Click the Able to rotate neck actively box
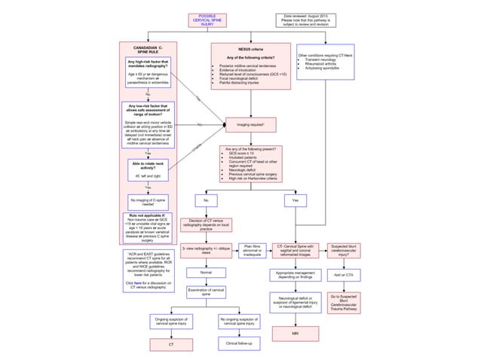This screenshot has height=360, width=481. point(149,170)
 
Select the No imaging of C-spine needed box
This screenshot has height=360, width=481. point(149,200)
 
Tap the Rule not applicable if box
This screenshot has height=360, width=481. point(149,227)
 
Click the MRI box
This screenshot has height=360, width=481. point(295,331)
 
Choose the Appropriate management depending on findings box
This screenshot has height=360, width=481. point(295,275)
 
